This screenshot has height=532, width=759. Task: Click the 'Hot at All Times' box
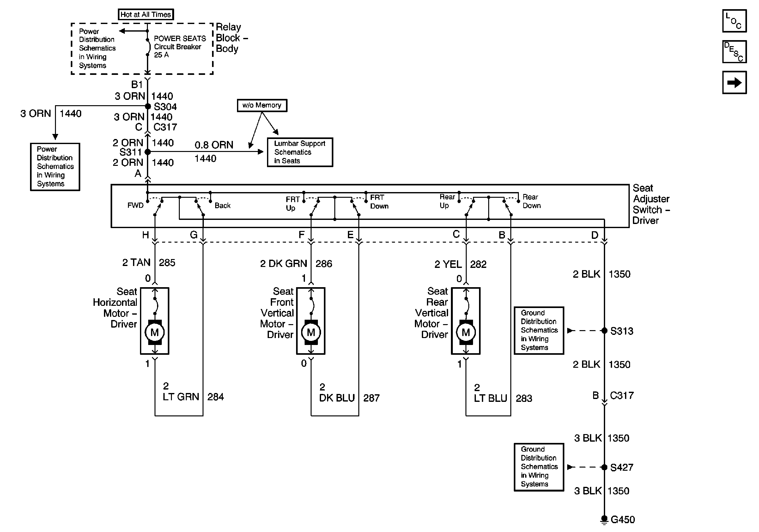146,15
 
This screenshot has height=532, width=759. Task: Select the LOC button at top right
734,21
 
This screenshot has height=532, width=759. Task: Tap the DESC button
734,51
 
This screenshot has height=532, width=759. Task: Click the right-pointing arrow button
734,82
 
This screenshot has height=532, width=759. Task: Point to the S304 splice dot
148,106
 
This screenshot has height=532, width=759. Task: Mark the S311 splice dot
148,152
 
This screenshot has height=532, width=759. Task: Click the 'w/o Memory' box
262,106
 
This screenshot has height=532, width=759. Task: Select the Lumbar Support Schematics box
300,152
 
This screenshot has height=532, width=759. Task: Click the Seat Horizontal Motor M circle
155,332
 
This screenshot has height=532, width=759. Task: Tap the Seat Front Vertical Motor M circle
311,332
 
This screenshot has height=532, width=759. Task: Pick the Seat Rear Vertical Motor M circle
466,332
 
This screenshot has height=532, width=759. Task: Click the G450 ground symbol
604,520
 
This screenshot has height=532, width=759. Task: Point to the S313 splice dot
604,330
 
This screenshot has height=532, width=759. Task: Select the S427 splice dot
604,467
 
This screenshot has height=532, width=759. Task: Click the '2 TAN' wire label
136,262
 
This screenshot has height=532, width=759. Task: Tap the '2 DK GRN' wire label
284,263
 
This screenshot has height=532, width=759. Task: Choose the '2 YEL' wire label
448,264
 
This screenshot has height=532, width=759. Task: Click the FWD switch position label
136,205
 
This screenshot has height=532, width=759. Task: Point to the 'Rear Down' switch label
531,201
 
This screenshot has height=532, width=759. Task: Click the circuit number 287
371,398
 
